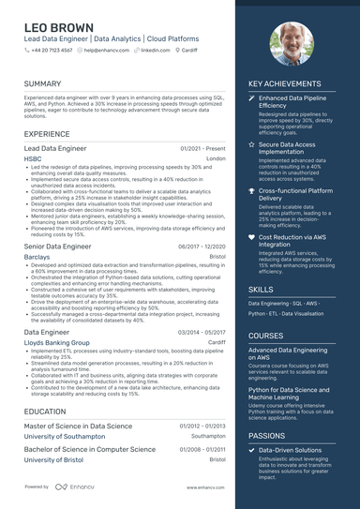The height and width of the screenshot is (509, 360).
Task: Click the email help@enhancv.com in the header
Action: coord(105,50)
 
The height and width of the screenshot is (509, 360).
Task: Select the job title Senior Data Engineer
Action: coord(58,246)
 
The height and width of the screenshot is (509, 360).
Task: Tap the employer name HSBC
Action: coord(33,159)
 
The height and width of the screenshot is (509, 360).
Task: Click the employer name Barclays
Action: coord(37,256)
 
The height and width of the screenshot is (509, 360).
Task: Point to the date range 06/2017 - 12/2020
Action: coord(202,246)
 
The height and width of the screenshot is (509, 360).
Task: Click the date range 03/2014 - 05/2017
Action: coord(202,332)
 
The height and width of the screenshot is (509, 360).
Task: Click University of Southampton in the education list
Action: coord(65,436)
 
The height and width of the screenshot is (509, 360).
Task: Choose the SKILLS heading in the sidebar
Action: coord(262,290)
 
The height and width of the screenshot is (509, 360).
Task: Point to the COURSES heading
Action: coord(266,336)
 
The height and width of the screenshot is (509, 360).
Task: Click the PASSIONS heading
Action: coord(267,436)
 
